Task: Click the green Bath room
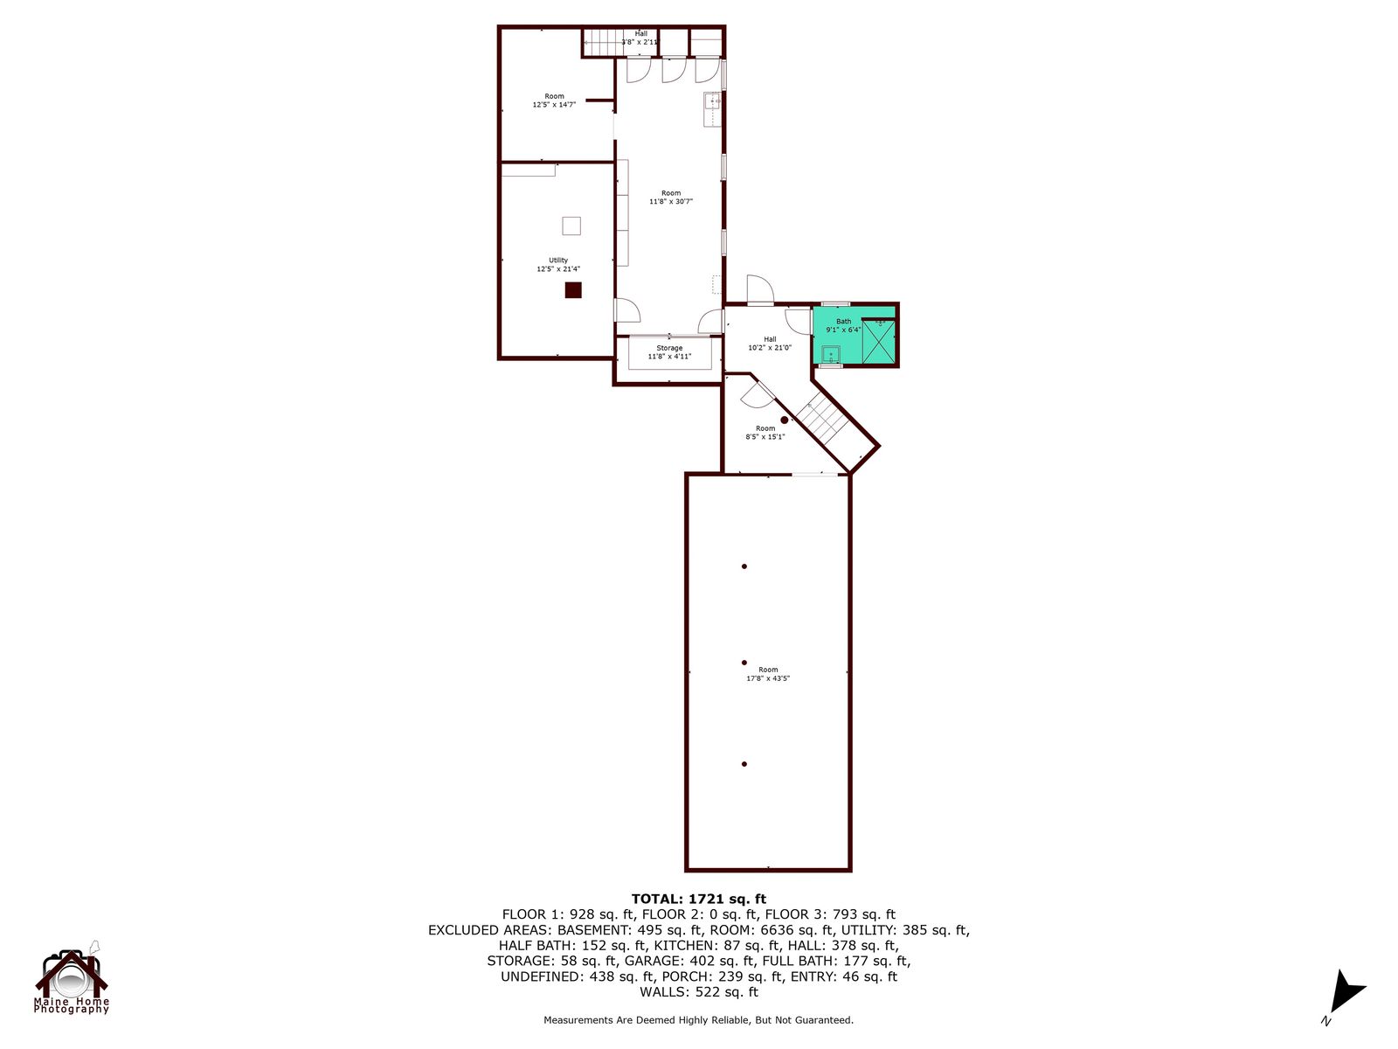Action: pos(854,335)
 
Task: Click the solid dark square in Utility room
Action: pos(573,290)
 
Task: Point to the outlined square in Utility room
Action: pos(571,226)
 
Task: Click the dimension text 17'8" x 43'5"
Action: pos(768,678)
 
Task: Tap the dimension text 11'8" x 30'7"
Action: pos(671,201)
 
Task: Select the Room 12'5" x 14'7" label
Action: pos(554,100)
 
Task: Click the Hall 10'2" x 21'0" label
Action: pos(770,344)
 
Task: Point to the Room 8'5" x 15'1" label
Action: pos(765,433)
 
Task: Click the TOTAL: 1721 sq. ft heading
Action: pos(699,899)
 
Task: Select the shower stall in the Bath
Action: pos(878,342)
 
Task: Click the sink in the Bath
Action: pos(831,354)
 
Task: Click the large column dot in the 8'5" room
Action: pos(784,420)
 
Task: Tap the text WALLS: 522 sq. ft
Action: pos(699,991)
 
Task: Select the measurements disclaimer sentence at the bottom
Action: pos(698,1019)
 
